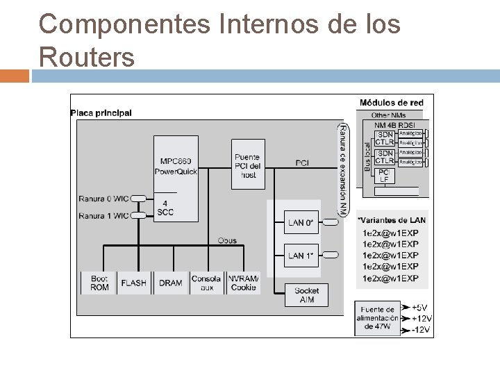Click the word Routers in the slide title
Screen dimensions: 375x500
pyautogui.click(x=87, y=56)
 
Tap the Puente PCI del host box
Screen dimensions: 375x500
pyautogui.click(x=247, y=163)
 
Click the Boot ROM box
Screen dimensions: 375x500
pyautogui.click(x=99, y=283)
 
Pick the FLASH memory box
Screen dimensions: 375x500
pyautogui.click(x=134, y=283)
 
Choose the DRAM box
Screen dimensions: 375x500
pyautogui.click(x=170, y=283)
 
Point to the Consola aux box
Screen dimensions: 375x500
pyautogui.click(x=206, y=283)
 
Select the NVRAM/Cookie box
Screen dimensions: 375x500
pyautogui.click(x=243, y=283)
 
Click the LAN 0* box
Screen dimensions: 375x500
pyautogui.click(x=301, y=223)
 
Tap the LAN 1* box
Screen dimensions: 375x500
pyautogui.click(x=301, y=256)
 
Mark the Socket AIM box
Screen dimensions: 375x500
pyautogui.click(x=306, y=294)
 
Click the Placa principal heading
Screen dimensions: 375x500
pyautogui.click(x=101, y=113)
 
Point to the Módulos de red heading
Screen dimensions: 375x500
pyautogui.click(x=391, y=103)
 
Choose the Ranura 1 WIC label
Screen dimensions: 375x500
pyautogui.click(x=103, y=216)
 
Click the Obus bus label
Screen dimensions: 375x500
pyautogui.click(x=226, y=240)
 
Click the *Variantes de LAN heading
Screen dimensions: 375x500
pyautogui.click(x=391, y=220)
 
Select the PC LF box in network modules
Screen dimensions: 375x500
pyautogui.click(x=384, y=175)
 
